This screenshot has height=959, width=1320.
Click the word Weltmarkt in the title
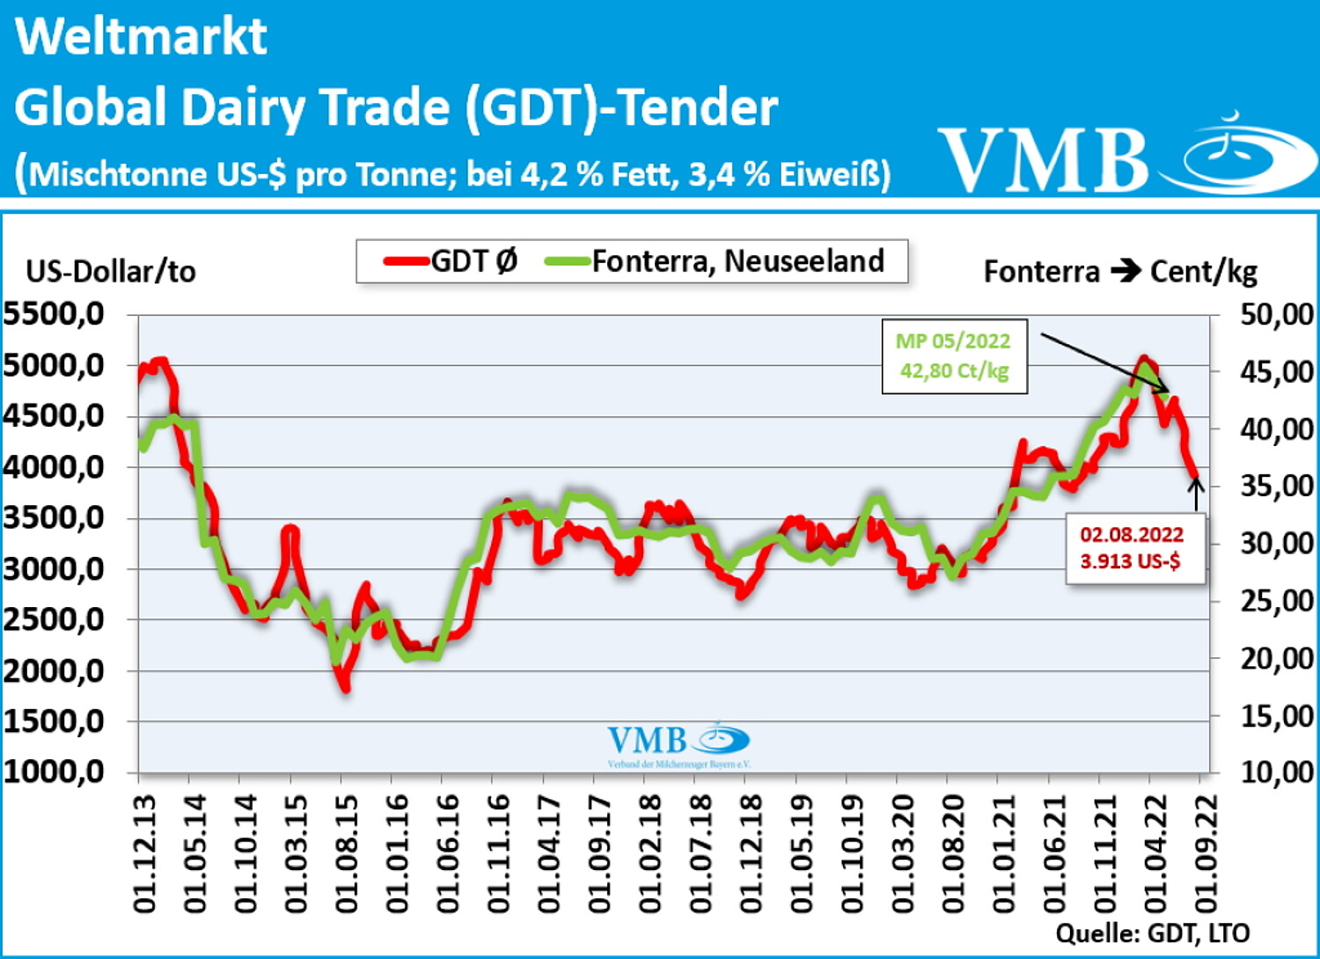[x=141, y=37]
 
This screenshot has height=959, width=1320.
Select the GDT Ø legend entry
[x=451, y=261]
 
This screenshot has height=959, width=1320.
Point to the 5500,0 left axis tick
[x=55, y=313]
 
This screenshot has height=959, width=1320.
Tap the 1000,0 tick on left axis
[x=55, y=772]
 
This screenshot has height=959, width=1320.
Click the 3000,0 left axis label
[x=55, y=568]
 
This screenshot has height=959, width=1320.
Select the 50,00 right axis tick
[x=1276, y=314]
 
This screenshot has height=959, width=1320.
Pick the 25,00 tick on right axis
[x=1276, y=601]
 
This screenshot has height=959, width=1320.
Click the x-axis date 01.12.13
[x=144, y=853]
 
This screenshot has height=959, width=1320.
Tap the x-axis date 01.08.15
[x=347, y=853]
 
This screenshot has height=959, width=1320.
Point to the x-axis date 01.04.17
[x=549, y=853]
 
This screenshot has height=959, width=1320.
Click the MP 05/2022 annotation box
[x=954, y=355]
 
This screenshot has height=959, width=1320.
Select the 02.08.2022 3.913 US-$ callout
[x=1132, y=547]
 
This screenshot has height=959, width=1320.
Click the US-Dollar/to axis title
[x=111, y=271]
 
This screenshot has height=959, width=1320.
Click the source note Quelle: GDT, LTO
[x=1152, y=933]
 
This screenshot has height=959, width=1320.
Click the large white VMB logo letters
[x=1043, y=160]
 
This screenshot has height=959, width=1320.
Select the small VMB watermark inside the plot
[x=678, y=743]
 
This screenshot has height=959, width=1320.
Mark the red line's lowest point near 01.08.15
[x=346, y=687]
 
